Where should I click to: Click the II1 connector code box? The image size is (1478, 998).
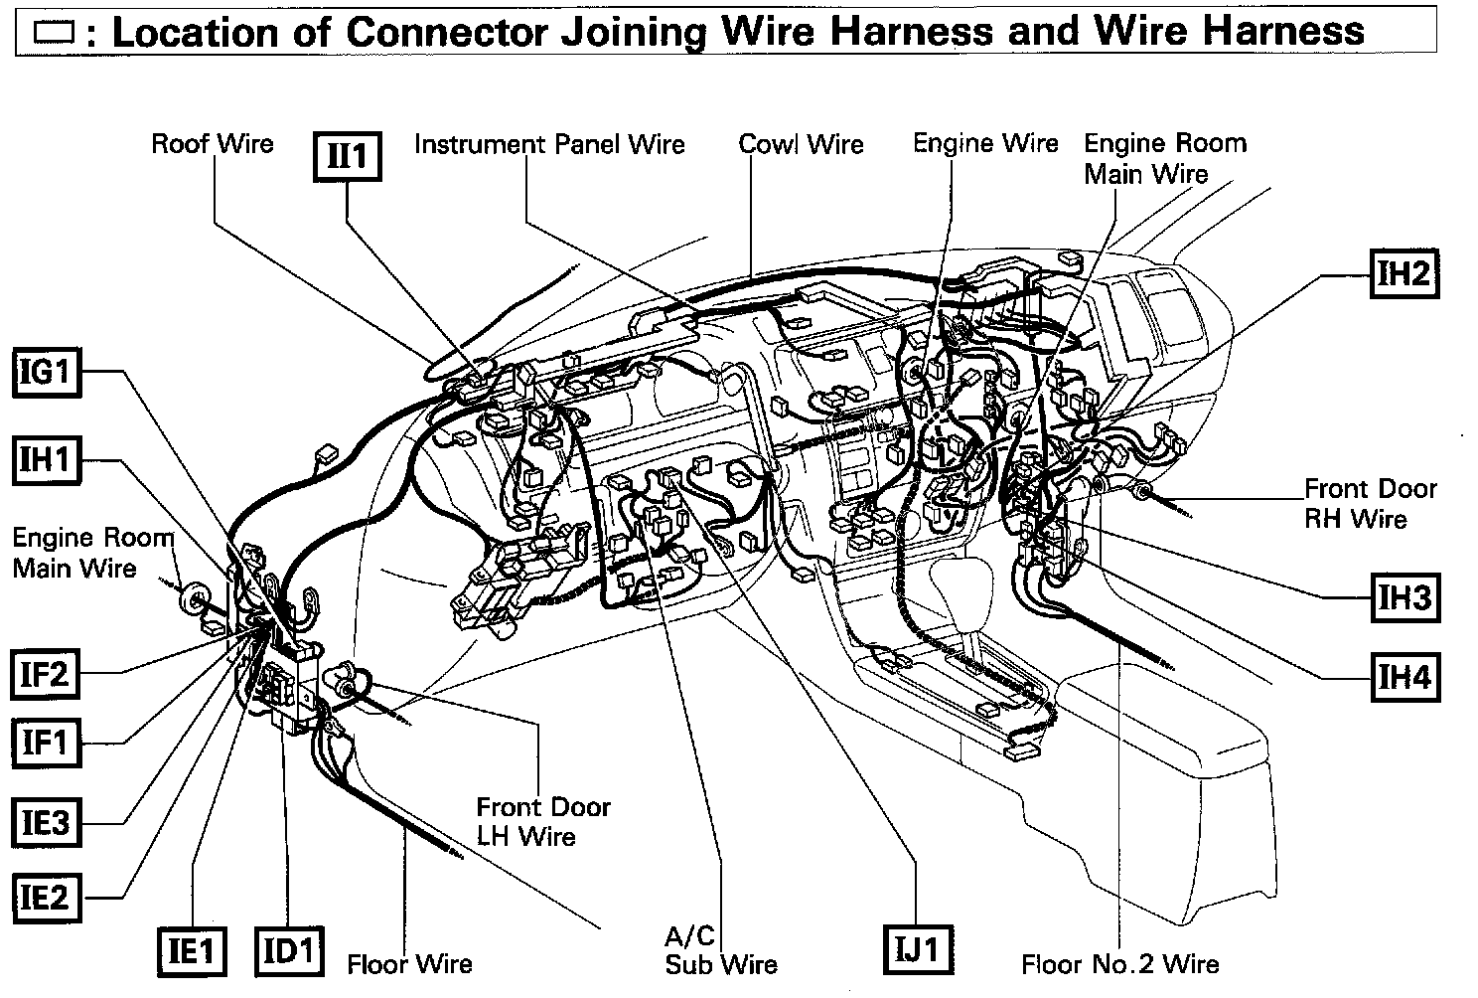(x=348, y=156)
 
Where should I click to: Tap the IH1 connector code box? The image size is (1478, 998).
(x=46, y=459)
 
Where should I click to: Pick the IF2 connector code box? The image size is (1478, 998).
(x=45, y=674)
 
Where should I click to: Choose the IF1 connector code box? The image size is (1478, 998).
(x=45, y=742)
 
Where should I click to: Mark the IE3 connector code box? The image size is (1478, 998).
(x=46, y=823)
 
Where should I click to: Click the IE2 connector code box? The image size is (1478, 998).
(x=46, y=898)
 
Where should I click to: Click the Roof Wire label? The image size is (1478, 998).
(x=212, y=143)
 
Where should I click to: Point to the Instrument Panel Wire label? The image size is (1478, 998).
(x=549, y=144)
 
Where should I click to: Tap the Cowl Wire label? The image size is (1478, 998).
(x=801, y=144)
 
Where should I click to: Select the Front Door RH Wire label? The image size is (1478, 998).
(x=1369, y=503)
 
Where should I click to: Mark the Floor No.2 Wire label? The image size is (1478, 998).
(x=1119, y=962)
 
